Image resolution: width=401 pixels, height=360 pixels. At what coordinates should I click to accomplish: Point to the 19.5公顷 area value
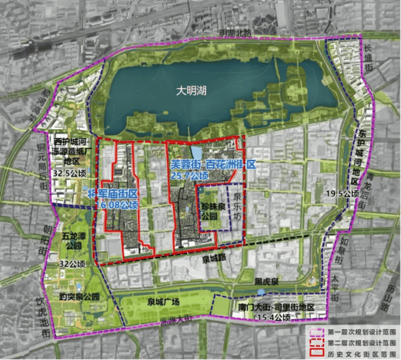[356, 194]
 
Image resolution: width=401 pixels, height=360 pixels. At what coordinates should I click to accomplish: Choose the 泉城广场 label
[164, 301]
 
